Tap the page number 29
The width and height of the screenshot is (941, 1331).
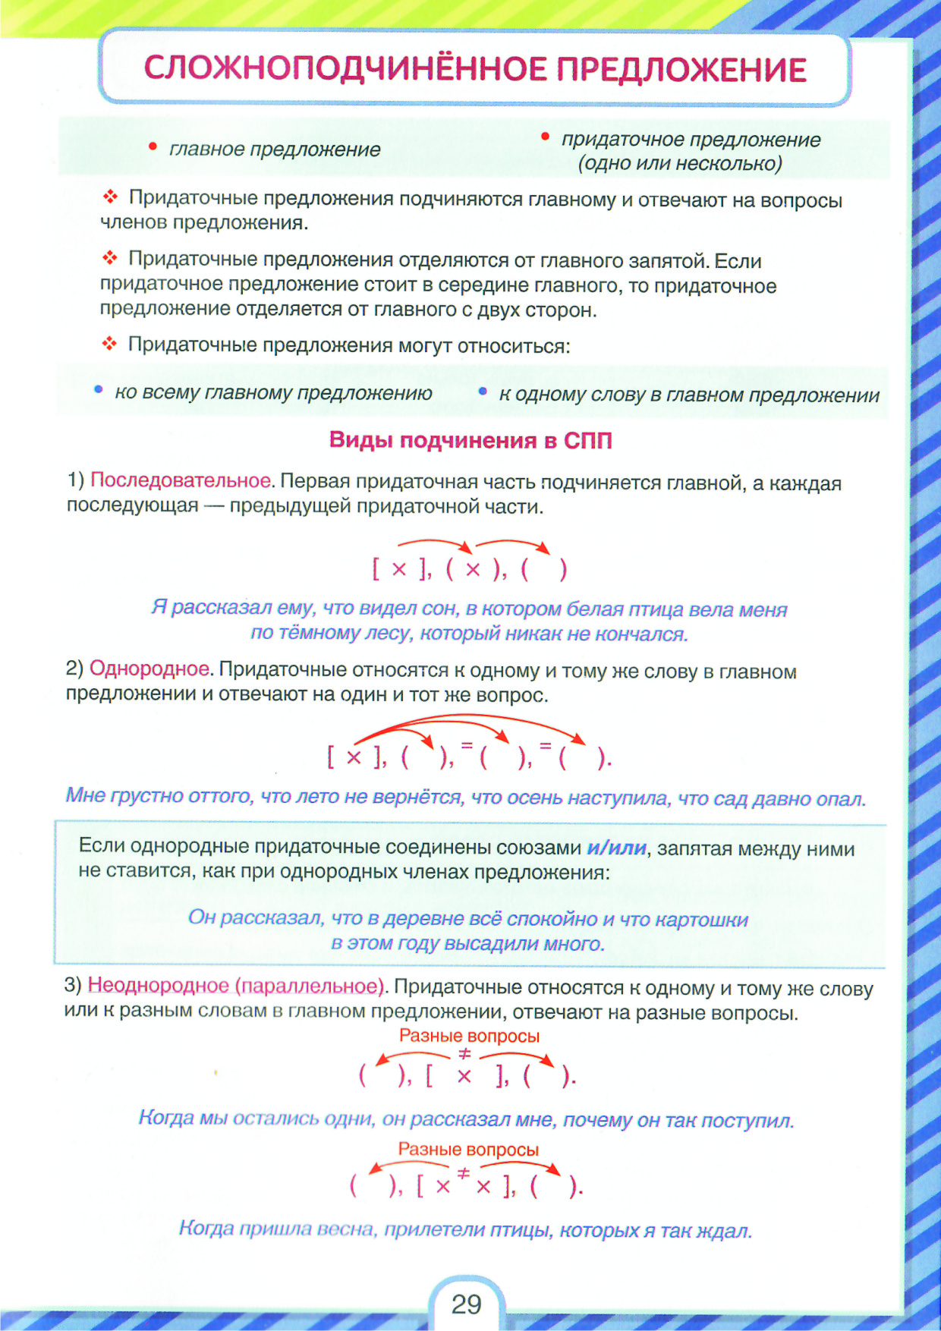tap(466, 1304)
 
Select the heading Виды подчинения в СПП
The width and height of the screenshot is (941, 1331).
tap(470, 440)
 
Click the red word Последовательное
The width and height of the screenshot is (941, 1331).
tap(181, 480)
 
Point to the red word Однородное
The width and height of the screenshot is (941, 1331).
tap(149, 669)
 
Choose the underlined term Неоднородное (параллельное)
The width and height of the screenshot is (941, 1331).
tap(236, 986)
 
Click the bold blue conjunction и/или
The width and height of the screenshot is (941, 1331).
tap(616, 848)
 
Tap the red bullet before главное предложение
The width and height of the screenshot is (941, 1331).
tap(153, 146)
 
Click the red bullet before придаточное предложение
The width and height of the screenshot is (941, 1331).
tap(545, 137)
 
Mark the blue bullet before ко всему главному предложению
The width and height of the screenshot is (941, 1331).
tap(98, 390)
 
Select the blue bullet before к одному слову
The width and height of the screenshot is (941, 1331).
tap(483, 392)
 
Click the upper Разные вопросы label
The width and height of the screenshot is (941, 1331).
tap(469, 1036)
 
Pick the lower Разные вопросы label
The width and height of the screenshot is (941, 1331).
tap(468, 1150)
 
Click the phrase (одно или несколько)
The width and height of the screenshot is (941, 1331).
tap(680, 164)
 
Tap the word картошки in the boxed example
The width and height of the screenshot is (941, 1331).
tap(702, 920)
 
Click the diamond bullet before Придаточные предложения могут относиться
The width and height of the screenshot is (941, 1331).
tap(110, 345)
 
